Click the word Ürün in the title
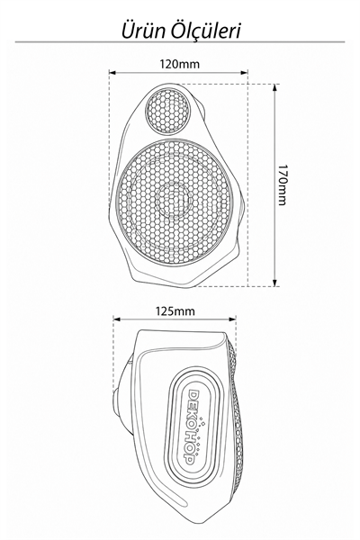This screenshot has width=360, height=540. (143, 31)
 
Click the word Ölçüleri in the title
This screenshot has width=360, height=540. (206, 31)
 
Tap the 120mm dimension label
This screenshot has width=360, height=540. (179, 64)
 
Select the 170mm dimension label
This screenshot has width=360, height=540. (282, 184)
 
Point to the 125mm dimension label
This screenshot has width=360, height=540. (175, 311)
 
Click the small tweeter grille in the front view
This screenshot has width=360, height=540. (167, 110)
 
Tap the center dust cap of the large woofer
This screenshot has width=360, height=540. (173, 199)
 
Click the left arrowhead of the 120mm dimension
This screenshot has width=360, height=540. (112, 72)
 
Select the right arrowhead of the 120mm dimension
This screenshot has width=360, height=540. (244, 72)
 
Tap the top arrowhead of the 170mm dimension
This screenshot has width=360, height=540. (274, 87)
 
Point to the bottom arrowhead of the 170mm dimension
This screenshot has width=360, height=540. (274, 283)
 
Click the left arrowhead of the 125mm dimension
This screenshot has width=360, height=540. (117, 319)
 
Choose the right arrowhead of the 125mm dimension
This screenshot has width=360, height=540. (232, 319)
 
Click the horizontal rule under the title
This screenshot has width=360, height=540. (179, 42)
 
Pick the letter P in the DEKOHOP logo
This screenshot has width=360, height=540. (189, 459)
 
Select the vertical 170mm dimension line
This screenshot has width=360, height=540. (274, 185)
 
